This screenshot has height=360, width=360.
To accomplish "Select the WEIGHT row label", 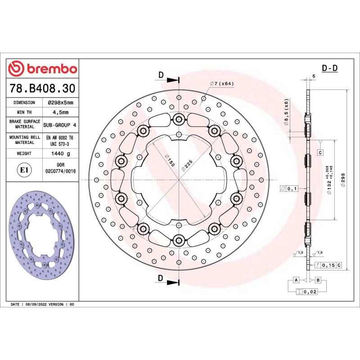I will tap(24, 154).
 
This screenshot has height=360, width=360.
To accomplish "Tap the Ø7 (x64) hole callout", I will tap(221, 84).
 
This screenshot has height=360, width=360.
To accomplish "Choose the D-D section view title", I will tap(329, 68).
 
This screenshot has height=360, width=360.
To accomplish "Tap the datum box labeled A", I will tap(296, 280).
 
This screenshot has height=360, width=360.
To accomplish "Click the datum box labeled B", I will tap(318, 280).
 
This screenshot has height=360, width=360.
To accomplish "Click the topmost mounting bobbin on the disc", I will tap(179, 119).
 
